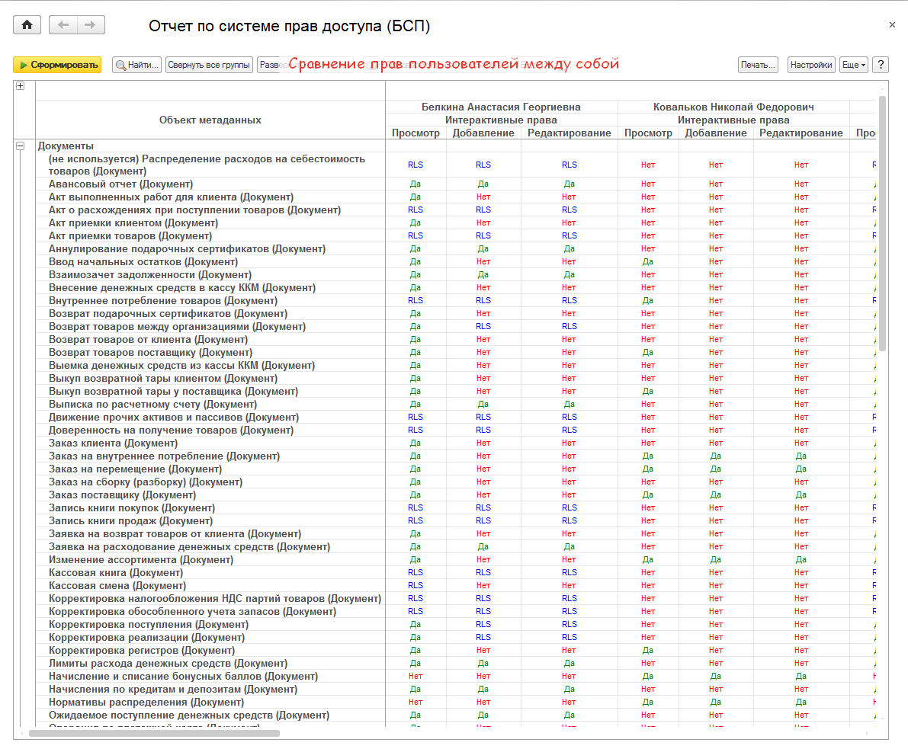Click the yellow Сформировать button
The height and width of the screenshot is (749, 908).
click(x=57, y=65)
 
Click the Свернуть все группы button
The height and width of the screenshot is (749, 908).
click(x=209, y=65)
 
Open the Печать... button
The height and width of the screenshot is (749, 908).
click(x=758, y=65)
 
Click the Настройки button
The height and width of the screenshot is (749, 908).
click(x=811, y=65)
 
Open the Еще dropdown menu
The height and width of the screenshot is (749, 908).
click(x=854, y=65)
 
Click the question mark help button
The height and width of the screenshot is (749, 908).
click(x=881, y=65)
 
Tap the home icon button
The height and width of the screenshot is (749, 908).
click(x=27, y=25)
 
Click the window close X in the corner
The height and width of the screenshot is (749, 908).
click(x=892, y=25)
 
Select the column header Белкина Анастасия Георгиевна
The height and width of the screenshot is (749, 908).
click(x=501, y=107)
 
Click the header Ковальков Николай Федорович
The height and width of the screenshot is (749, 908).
click(x=733, y=107)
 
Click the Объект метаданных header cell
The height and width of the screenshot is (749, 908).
click(x=210, y=120)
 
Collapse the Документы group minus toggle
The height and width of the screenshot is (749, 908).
click(x=21, y=146)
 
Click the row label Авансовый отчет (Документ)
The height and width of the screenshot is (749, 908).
click(x=120, y=184)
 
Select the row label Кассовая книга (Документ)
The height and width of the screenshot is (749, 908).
click(x=116, y=572)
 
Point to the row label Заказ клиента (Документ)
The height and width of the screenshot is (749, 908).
click(x=113, y=443)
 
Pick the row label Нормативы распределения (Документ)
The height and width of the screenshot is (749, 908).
click(x=146, y=702)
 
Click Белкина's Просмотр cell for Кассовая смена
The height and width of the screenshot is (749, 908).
click(x=415, y=585)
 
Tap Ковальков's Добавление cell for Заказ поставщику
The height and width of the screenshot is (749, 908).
click(x=716, y=495)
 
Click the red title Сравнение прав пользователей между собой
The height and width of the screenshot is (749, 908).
click(x=453, y=64)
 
